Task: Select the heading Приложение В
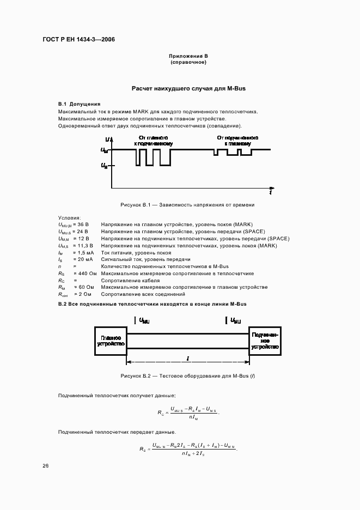(188, 56)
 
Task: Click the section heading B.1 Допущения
(79, 104)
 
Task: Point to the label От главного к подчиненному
(153, 141)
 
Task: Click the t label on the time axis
(270, 192)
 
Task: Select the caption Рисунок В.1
(187, 205)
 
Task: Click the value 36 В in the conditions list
(82, 224)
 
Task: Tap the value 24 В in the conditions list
(82, 231)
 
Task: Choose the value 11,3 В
(83, 245)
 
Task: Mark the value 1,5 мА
(83, 252)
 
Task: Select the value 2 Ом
(82, 294)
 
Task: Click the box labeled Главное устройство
(111, 341)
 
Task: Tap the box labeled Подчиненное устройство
(265, 341)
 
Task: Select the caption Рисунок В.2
(187, 377)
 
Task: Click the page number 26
(45, 466)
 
